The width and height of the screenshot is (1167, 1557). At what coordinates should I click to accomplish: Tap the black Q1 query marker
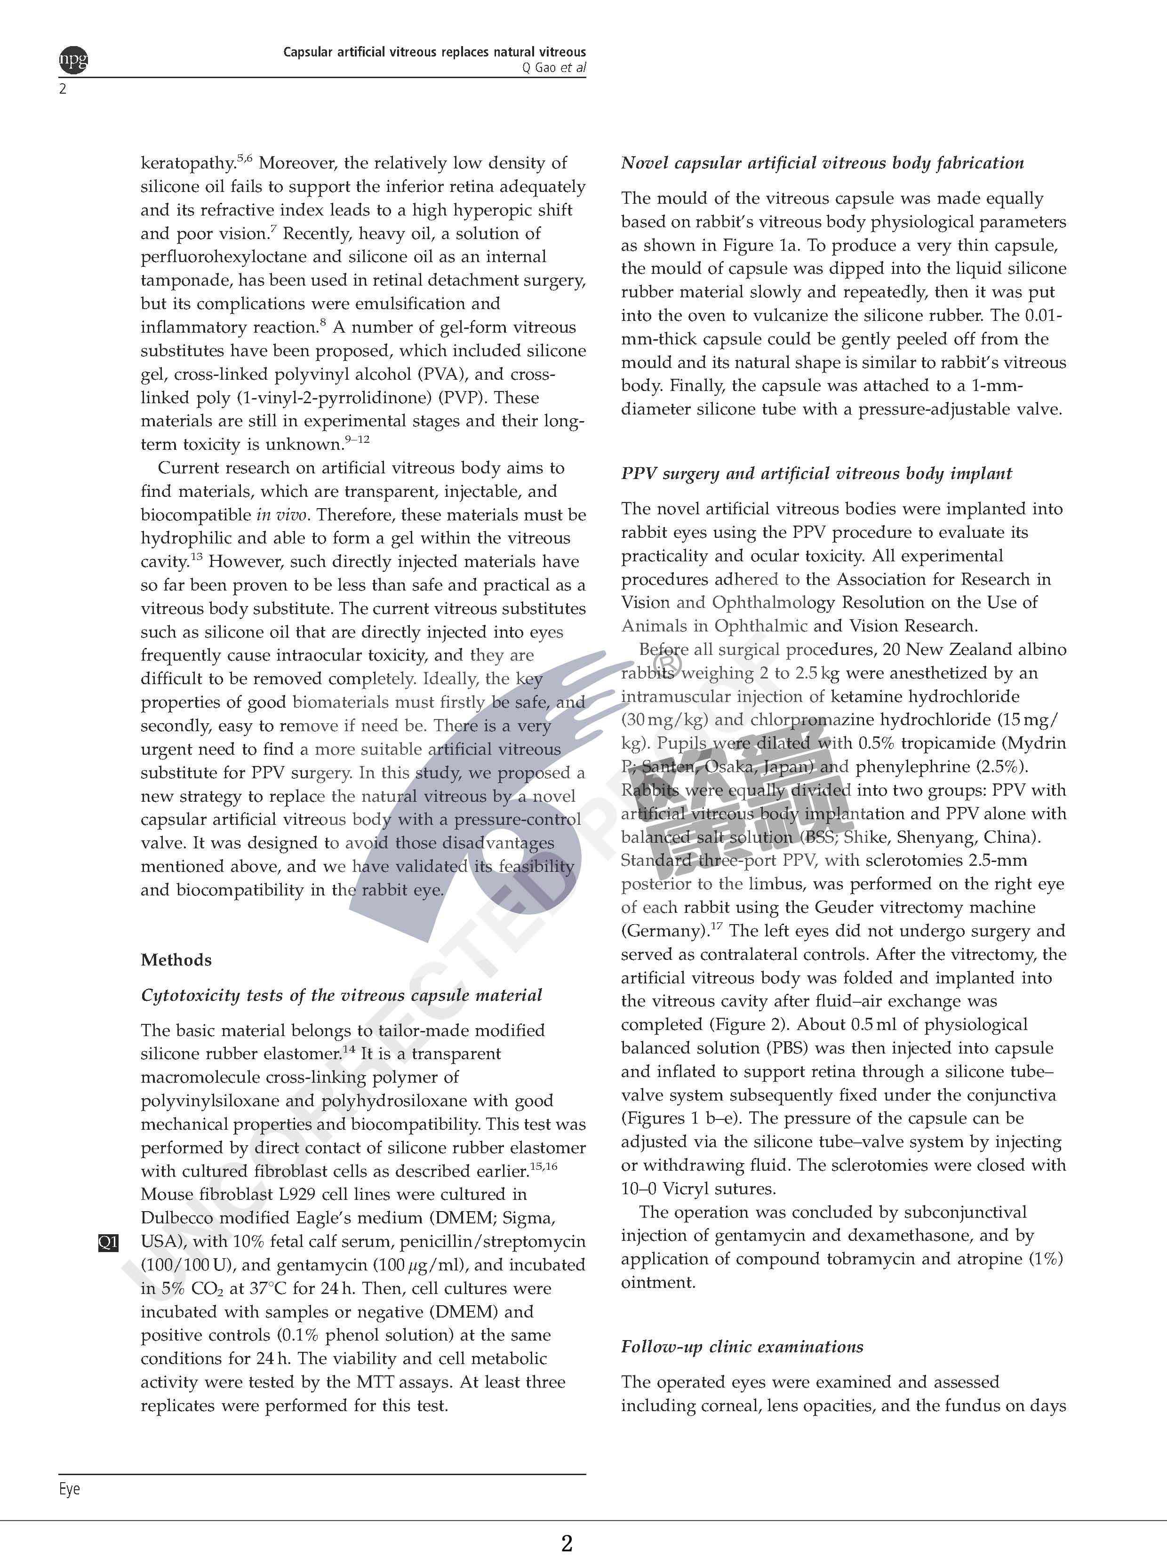click(108, 1242)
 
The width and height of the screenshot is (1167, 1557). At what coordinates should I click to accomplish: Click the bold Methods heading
click(176, 959)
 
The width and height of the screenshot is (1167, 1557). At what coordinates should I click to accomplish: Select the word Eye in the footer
click(69, 1489)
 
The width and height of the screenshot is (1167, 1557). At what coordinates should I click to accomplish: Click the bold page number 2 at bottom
click(567, 1543)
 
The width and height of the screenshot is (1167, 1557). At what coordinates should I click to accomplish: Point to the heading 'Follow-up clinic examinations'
click(742, 1347)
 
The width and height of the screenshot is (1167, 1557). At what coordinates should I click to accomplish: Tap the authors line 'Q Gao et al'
click(554, 68)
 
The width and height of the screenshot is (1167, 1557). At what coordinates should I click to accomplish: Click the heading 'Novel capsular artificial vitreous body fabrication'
click(822, 163)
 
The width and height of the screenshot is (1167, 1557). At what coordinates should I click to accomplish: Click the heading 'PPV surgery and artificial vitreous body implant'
click(816, 474)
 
